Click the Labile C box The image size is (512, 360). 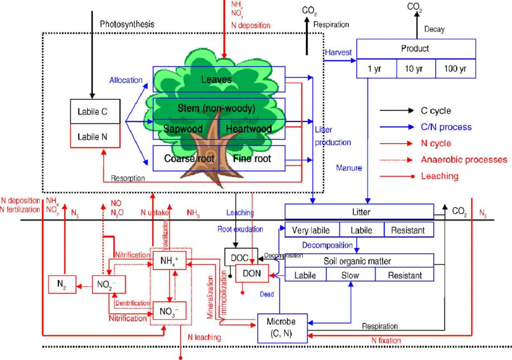[x=96, y=111]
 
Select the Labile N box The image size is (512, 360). [x=96, y=136]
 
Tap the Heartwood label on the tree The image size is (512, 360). [x=249, y=128]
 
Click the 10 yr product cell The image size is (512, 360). [x=416, y=69]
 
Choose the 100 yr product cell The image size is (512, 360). [x=455, y=69]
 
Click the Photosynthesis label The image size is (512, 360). [x=127, y=24]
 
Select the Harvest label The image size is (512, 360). [x=338, y=52]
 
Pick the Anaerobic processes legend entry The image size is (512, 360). [x=455, y=160]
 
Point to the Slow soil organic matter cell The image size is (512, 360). [x=350, y=275]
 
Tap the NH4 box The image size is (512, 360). [x=169, y=261]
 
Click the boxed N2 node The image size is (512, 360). [x=62, y=285]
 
